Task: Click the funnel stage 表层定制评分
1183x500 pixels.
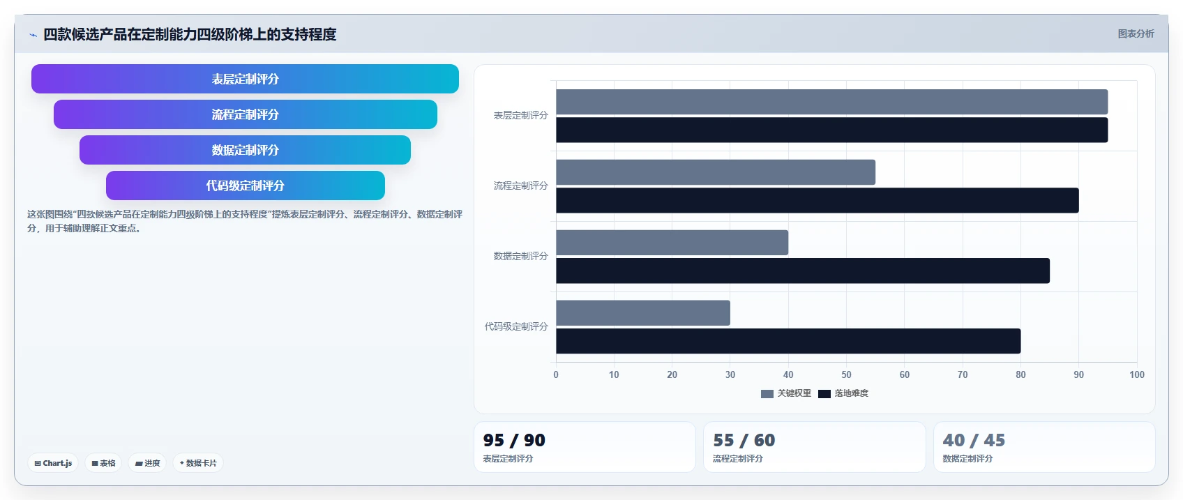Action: point(245,79)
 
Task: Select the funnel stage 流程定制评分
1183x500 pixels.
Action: point(245,114)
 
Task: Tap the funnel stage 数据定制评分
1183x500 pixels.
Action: point(245,150)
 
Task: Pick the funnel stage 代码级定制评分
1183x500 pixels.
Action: point(245,185)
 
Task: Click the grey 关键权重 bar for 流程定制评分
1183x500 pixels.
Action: point(716,172)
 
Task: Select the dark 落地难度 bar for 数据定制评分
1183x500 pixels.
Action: point(803,271)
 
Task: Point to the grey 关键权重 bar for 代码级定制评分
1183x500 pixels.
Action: point(643,313)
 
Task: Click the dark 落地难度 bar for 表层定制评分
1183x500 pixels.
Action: point(831,130)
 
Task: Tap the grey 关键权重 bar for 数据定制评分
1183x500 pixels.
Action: point(672,243)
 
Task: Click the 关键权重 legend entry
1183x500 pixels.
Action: point(786,393)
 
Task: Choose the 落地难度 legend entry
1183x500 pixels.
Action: point(843,393)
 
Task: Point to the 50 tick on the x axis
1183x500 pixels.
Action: point(846,374)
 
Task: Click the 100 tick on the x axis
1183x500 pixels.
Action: point(1136,374)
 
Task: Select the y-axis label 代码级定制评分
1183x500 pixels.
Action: point(516,326)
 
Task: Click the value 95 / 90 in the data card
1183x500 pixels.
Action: point(514,440)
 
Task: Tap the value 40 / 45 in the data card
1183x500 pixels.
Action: point(974,440)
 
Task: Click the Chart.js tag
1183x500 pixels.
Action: point(53,463)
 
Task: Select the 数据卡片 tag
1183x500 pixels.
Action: point(198,463)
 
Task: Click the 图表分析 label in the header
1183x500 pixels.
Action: point(1136,33)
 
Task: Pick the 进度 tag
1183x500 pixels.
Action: point(147,463)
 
